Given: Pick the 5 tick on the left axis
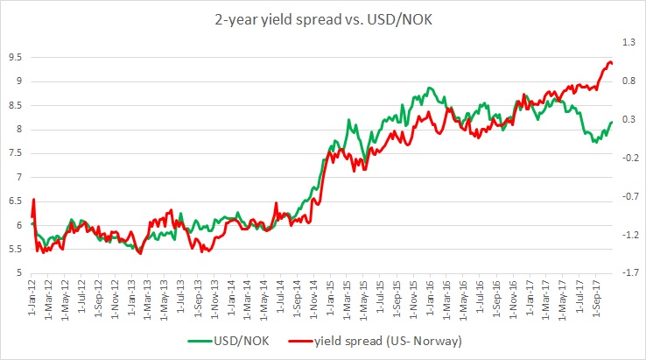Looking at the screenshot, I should point(18,272).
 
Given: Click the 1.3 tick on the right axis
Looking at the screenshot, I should point(629,42).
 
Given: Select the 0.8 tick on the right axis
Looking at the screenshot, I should point(629,81).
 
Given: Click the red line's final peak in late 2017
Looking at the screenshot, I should point(608,61).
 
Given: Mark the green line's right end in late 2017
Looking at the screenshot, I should point(612,122).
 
